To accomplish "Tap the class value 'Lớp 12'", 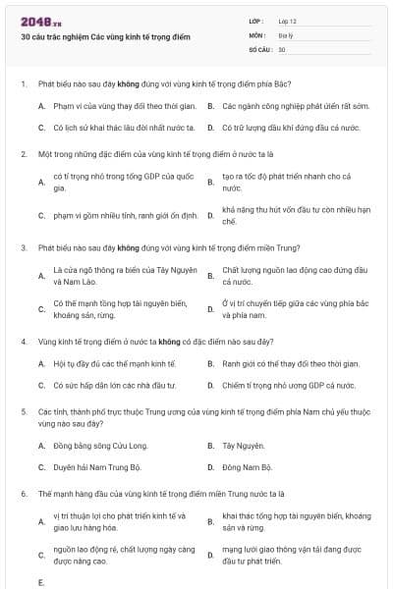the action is tap(287, 21).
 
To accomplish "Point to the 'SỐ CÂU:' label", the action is tap(260, 48).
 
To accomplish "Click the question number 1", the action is tap(23, 84).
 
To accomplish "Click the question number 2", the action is tap(23, 154).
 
